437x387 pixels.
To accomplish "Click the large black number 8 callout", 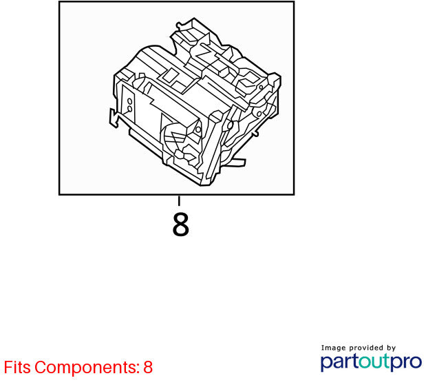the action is (180, 224).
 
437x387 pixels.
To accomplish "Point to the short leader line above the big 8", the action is (179, 201).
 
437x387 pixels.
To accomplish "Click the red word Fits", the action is (17, 367).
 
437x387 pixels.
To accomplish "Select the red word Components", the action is (86, 368).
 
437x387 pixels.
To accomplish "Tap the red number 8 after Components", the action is (148, 367).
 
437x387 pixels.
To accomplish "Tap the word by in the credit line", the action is (392, 348).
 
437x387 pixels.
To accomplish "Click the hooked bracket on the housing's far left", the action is (114, 118).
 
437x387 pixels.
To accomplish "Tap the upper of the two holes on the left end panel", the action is (129, 101).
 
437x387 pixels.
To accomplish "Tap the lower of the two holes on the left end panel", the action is (129, 109).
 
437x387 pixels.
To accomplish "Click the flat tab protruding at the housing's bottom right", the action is (237, 163).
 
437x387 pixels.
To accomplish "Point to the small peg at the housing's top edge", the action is (178, 25).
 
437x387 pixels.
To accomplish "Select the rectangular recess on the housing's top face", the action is (170, 76).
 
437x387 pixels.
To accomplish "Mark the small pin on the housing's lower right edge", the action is (255, 134).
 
